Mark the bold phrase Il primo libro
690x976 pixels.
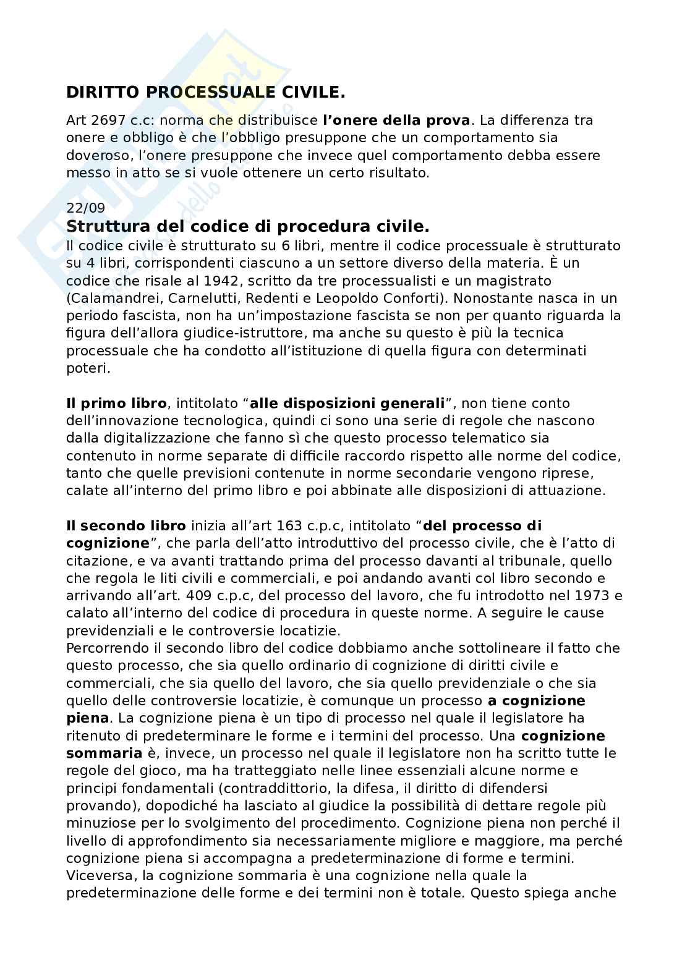pyautogui.click(x=116, y=404)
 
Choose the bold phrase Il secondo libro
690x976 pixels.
pyautogui.click(x=126, y=526)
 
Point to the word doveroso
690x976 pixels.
pyautogui.click(x=94, y=155)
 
